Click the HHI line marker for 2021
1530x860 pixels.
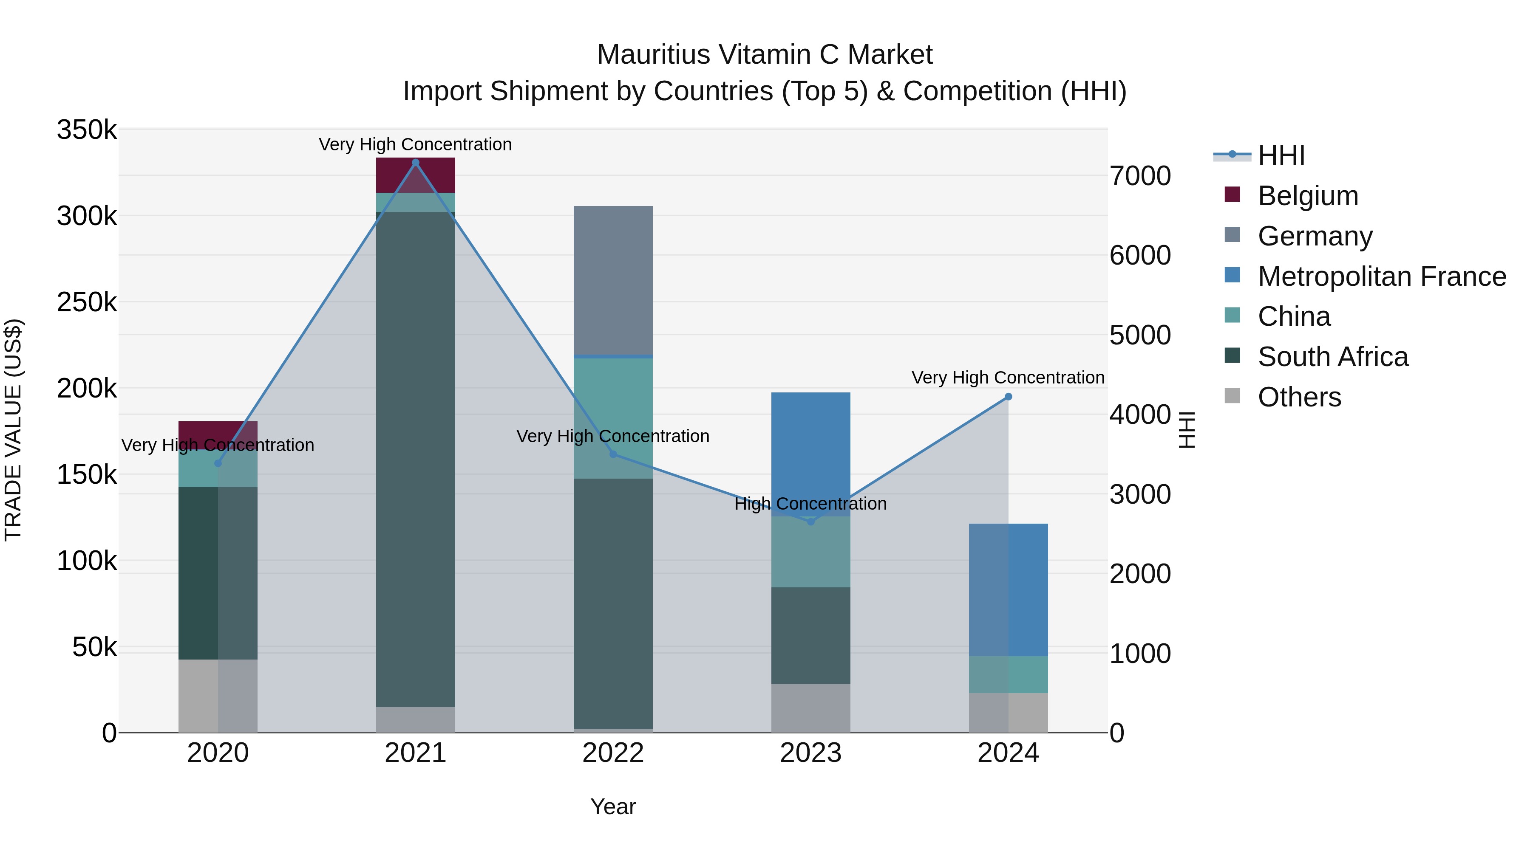[x=415, y=163]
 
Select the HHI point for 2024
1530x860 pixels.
[x=1008, y=397]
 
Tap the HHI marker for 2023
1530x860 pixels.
[x=811, y=522]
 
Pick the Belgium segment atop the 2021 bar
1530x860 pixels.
[x=415, y=175]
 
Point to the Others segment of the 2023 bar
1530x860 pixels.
[x=811, y=708]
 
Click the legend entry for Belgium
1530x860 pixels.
[x=1307, y=196]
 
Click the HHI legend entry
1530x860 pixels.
[x=1281, y=155]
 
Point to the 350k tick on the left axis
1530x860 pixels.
[x=87, y=130]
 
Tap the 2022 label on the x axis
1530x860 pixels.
[x=613, y=753]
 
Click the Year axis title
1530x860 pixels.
[x=613, y=806]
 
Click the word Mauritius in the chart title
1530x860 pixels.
[x=653, y=55]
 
